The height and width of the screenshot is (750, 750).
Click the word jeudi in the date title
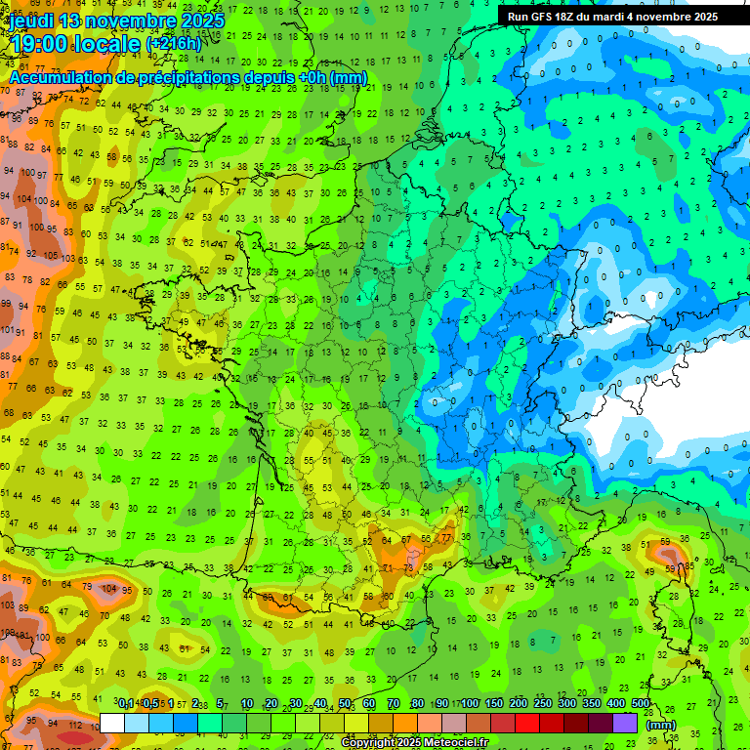[34, 21]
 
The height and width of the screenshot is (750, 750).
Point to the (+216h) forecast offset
[174, 44]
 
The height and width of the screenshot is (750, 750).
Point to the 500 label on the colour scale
[641, 704]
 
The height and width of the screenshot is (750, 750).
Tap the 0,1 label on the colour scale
[126, 704]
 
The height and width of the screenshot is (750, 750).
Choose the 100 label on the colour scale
[470, 704]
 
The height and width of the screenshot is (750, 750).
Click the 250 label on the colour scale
[543, 704]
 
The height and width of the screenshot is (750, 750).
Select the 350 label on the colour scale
[592, 704]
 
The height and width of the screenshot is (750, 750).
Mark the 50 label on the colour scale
[345, 704]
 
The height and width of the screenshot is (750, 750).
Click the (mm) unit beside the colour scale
[661, 725]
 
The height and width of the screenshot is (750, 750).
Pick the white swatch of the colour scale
[112, 723]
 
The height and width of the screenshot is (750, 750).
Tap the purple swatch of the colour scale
[625, 723]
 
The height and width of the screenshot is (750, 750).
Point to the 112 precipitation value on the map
[74, 725]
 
